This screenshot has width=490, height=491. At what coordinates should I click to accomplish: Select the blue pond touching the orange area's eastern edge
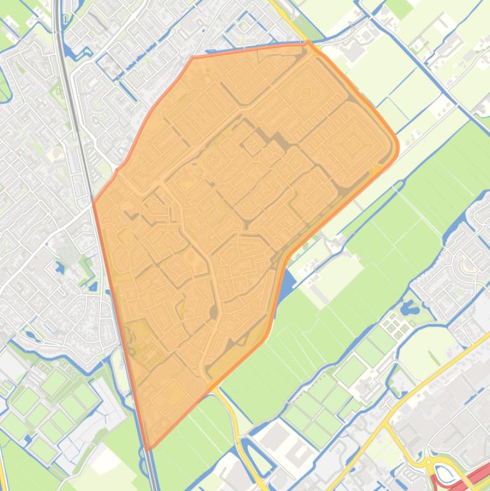[x=286, y=280]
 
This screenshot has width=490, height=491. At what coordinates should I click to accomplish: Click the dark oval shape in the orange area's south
[x=213, y=311]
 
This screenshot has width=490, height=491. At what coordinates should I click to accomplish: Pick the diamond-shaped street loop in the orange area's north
[x=306, y=92]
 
